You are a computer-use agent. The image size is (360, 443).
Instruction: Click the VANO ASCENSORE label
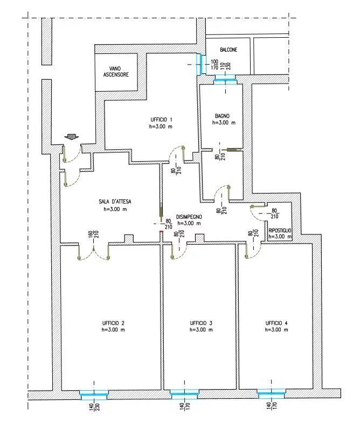[116, 72]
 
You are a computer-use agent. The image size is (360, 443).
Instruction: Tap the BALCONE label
[229, 50]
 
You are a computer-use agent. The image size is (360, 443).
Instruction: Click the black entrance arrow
[71, 137]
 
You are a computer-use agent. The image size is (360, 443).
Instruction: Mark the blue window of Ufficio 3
[184, 395]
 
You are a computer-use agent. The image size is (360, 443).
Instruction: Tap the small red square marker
[161, 232]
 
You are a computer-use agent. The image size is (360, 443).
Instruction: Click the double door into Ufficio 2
[94, 252]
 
